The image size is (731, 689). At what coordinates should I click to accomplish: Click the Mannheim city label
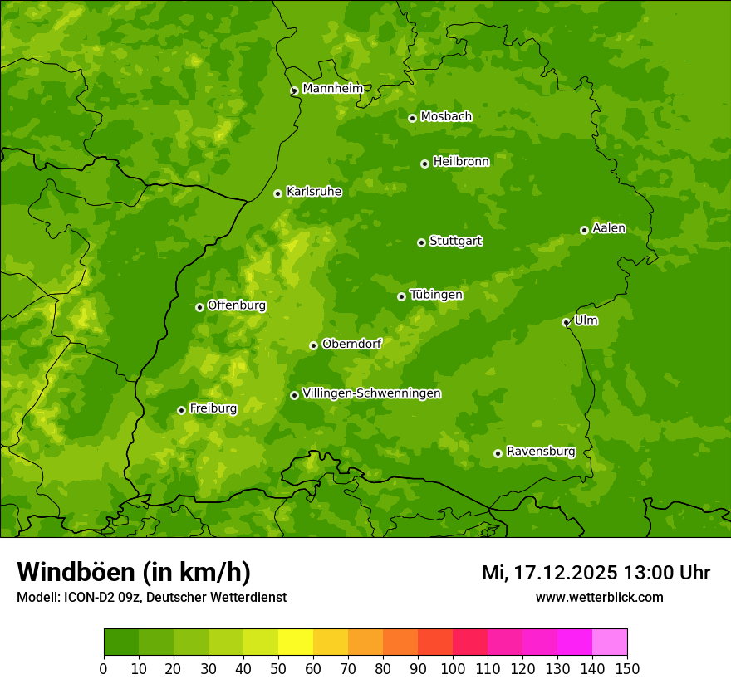[332, 89]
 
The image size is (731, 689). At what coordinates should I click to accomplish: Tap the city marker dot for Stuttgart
[421, 242]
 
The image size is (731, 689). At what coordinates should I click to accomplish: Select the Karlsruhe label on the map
[313, 192]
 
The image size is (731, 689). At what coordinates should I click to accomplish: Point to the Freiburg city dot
[181, 410]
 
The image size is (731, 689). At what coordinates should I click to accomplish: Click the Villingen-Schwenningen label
[371, 393]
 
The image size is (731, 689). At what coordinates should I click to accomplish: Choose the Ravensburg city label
[540, 452]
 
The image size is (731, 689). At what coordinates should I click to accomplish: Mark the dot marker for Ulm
[566, 322]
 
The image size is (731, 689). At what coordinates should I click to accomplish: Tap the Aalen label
[608, 228]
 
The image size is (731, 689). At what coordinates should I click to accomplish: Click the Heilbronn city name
[461, 162]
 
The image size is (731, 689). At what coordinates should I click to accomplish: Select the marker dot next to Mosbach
[412, 118]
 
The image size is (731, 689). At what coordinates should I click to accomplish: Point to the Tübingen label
[435, 295]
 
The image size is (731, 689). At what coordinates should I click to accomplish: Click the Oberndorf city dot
[313, 345]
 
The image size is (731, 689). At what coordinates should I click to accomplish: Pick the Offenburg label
[237, 305]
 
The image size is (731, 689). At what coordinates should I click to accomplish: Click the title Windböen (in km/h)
[134, 572]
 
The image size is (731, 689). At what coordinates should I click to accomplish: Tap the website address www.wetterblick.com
[599, 597]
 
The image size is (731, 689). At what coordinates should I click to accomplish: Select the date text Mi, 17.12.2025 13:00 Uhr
[596, 573]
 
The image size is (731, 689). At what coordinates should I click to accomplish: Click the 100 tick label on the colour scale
[453, 668]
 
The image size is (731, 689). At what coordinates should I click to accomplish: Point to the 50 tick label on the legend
[278, 668]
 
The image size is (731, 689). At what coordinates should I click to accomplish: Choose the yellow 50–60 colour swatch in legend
[296, 643]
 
